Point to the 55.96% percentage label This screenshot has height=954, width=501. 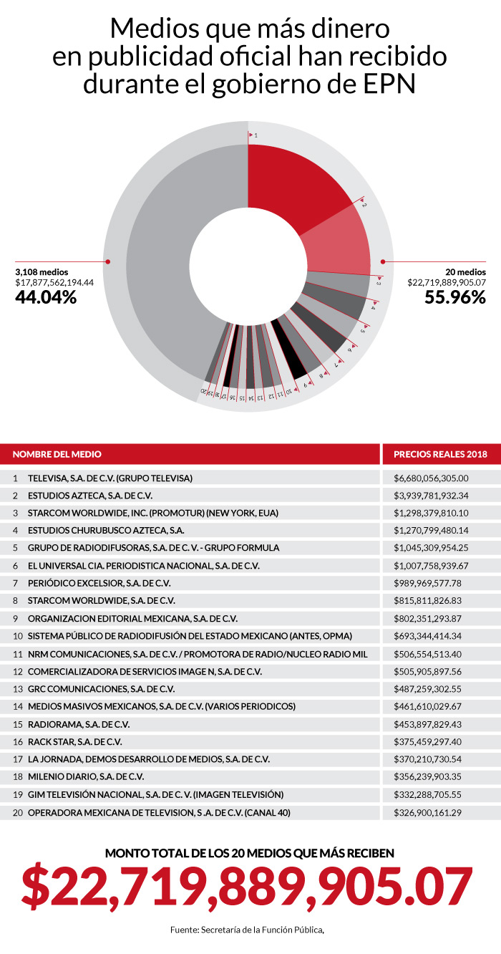click(x=455, y=297)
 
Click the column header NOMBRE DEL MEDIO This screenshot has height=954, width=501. click(x=57, y=454)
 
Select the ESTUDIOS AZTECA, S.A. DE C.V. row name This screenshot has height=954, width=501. click(x=90, y=496)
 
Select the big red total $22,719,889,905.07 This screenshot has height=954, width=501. click(x=248, y=887)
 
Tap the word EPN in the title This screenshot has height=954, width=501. click(x=390, y=85)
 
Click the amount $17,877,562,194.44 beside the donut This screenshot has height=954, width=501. click(x=54, y=282)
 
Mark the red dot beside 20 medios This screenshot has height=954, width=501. click(x=383, y=262)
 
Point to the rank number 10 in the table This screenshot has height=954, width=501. click(x=16, y=636)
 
